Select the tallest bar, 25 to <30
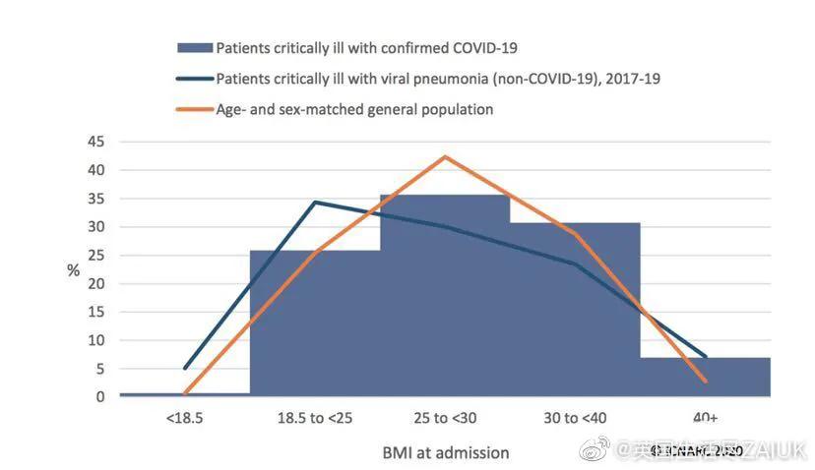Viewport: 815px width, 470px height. pyautogui.click(x=445, y=295)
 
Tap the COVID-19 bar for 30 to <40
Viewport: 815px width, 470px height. pyautogui.click(x=575, y=310)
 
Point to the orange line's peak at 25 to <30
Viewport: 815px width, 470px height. pyautogui.click(x=445, y=156)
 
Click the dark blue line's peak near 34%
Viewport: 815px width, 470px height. pyautogui.click(x=315, y=203)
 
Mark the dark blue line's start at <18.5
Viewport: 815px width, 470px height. pyautogui.click(x=185, y=368)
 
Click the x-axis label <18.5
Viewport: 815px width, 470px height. pyautogui.click(x=184, y=418)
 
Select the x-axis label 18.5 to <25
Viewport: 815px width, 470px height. pyautogui.click(x=314, y=418)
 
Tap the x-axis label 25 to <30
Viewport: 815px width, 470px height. pyautogui.click(x=444, y=418)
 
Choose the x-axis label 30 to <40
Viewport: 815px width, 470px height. pyautogui.click(x=575, y=418)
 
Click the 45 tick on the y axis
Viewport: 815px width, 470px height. pyautogui.click(x=96, y=142)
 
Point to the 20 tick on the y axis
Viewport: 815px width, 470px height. pyautogui.click(x=96, y=283)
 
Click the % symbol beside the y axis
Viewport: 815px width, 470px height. pyautogui.click(x=73, y=269)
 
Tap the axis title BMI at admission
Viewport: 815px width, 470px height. pyautogui.click(x=446, y=453)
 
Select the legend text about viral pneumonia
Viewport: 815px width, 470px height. pyautogui.click(x=437, y=79)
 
